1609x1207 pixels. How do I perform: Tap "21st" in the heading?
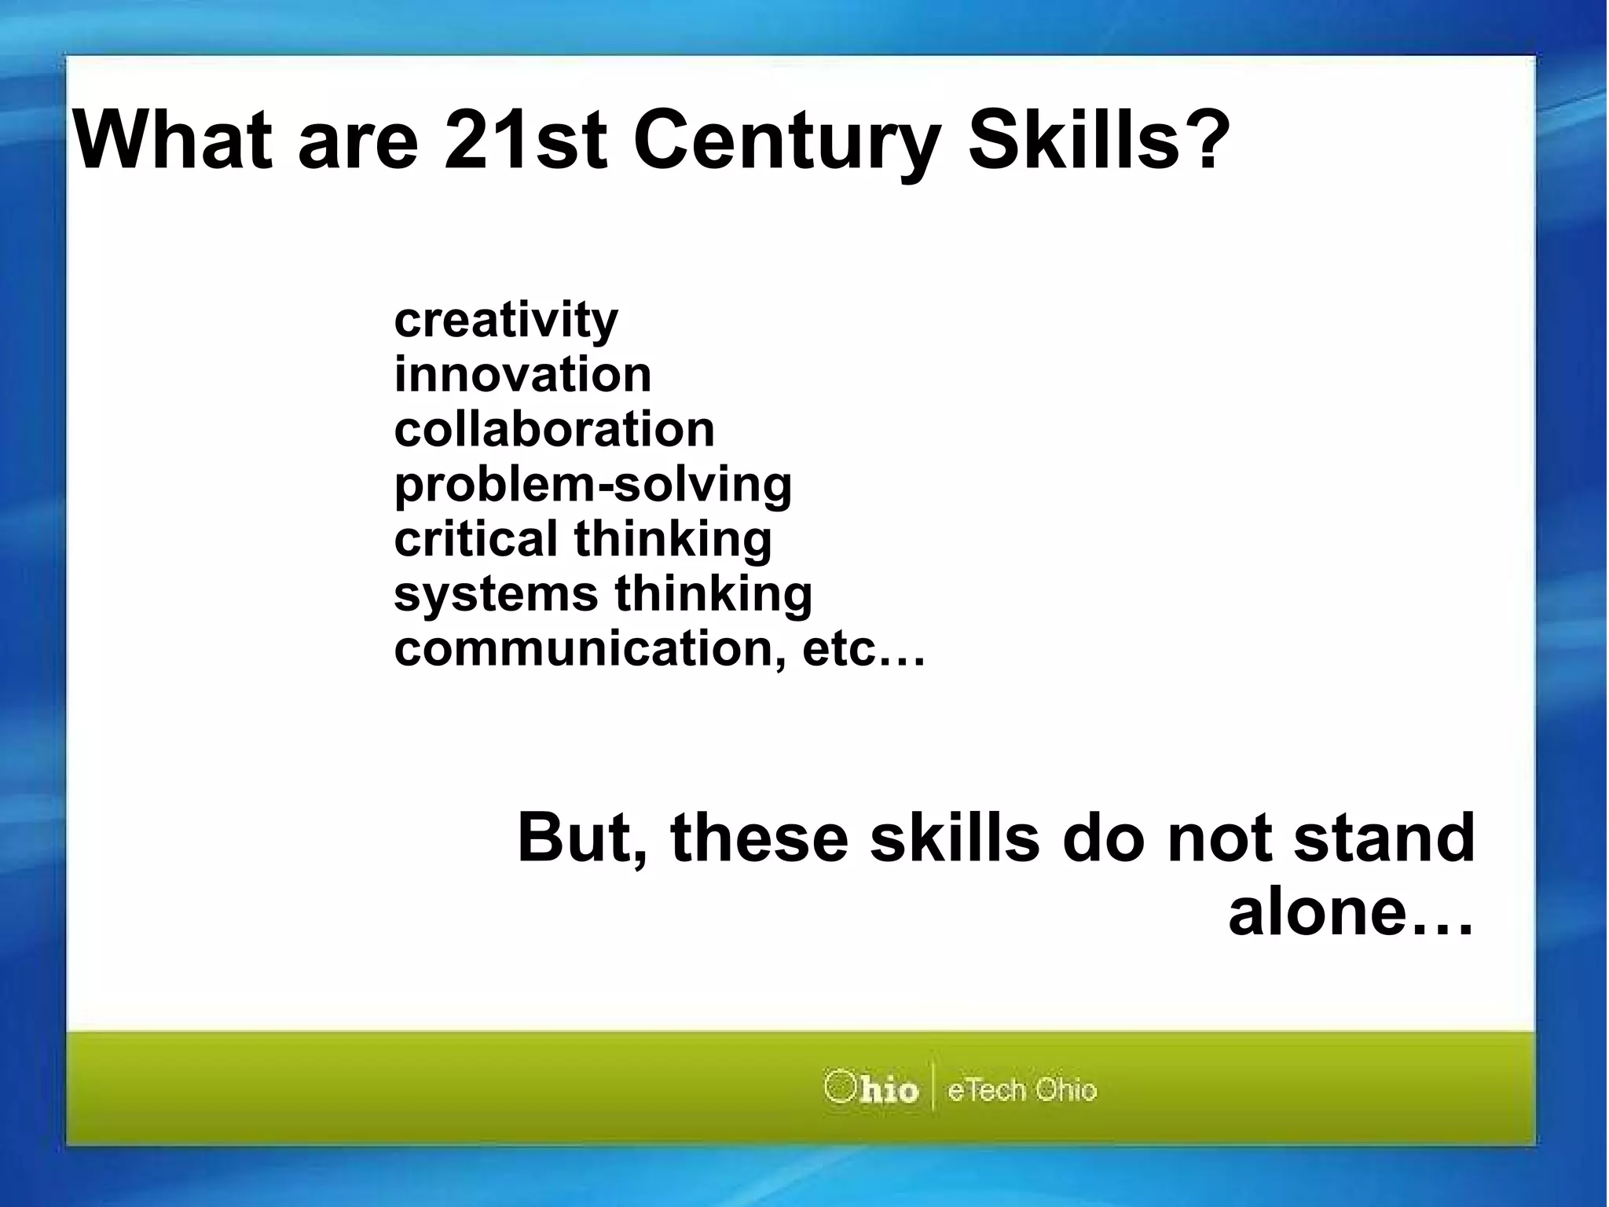525,141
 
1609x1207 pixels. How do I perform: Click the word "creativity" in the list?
506,321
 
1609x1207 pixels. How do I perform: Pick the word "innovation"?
522,375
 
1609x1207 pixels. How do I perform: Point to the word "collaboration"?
554,430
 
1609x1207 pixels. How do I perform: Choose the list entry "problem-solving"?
592,485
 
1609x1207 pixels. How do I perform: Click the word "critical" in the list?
475,539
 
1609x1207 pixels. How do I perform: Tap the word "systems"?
496,594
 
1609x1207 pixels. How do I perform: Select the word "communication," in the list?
590,649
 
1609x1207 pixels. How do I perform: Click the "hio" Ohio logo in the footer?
871,1089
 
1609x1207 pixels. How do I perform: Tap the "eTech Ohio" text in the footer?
1021,1090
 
